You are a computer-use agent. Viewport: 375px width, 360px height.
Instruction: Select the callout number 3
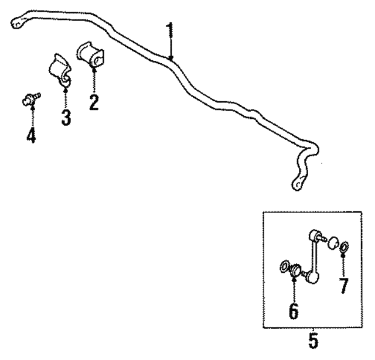click(x=66, y=116)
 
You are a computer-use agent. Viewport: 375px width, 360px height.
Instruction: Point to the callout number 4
click(x=30, y=135)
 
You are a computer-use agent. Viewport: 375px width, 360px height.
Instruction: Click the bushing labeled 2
click(x=90, y=54)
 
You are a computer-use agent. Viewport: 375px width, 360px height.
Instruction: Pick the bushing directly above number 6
click(x=296, y=270)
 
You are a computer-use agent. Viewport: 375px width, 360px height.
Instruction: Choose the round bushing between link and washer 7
click(x=331, y=242)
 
